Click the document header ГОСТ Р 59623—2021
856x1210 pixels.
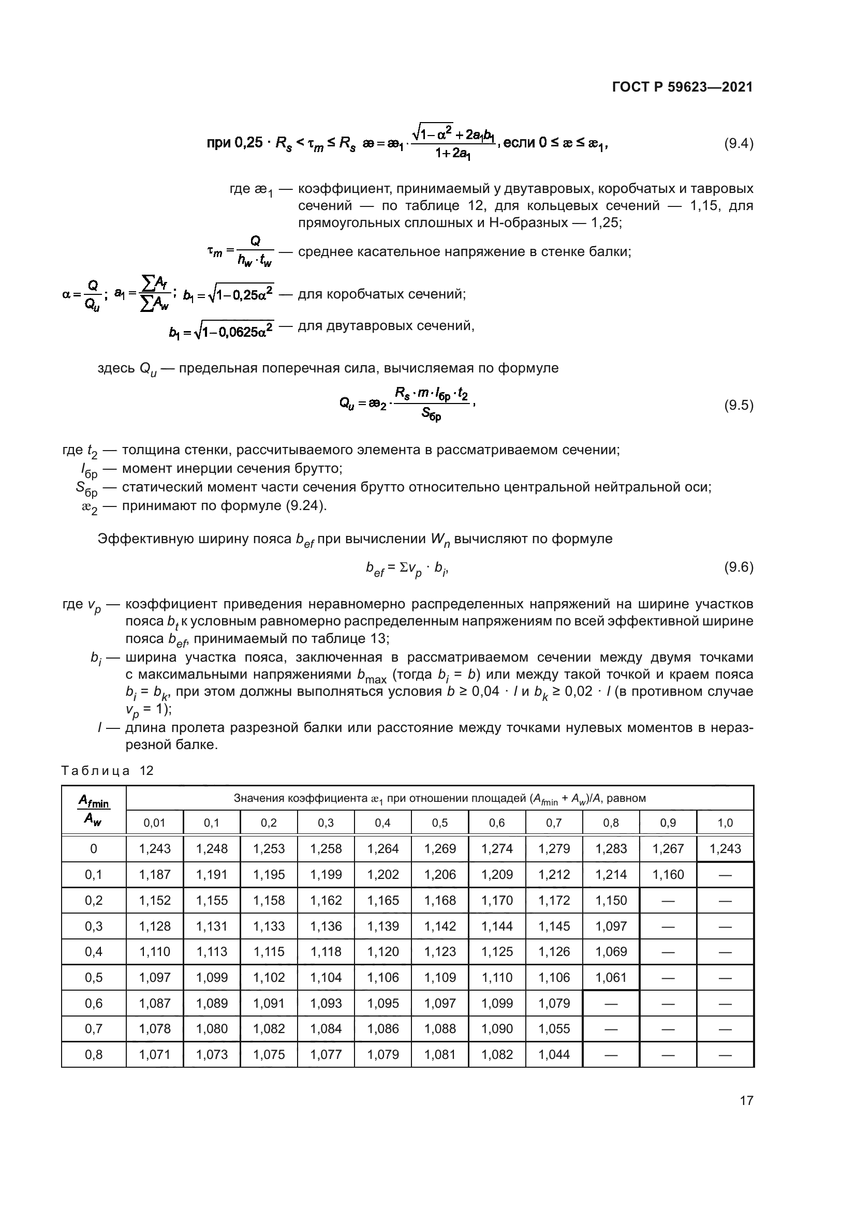[x=682, y=87]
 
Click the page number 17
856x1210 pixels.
[x=746, y=1100]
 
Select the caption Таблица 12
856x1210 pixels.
[x=107, y=771]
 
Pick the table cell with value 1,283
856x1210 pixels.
[x=611, y=849]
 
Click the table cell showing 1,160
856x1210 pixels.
[x=668, y=875]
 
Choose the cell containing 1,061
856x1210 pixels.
[x=611, y=978]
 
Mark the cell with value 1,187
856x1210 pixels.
[x=155, y=875]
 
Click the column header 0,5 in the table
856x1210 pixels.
[x=439, y=823]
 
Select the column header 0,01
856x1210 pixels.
[x=154, y=823]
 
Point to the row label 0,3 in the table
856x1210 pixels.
[x=94, y=927]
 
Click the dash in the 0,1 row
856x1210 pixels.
[x=725, y=875]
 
